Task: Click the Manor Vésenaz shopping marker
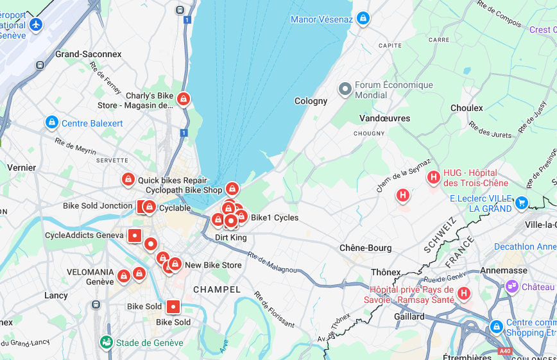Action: (364, 18)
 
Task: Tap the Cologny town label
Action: (311, 101)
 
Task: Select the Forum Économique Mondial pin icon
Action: (345, 89)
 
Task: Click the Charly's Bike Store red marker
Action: (184, 99)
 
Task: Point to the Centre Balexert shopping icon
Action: (52, 122)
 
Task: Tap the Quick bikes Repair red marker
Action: (128, 180)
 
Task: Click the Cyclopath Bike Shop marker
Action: (232, 189)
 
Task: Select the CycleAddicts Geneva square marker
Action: (135, 236)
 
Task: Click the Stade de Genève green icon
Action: (107, 342)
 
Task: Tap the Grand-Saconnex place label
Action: (88, 54)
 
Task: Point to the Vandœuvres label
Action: (384, 118)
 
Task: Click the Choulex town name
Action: (467, 108)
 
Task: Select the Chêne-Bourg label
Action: (365, 248)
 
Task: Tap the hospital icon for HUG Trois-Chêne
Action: (434, 176)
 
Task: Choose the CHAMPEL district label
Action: (217, 289)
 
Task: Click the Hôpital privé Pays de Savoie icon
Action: (463, 293)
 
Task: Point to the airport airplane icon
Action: (36, 24)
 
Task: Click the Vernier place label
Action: (21, 167)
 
